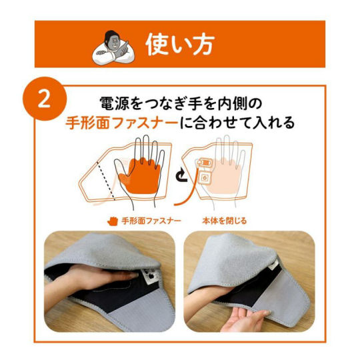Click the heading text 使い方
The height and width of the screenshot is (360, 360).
pos(180,45)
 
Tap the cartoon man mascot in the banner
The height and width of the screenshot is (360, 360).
pos(113,48)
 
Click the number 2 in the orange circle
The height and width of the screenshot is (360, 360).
pos(44,99)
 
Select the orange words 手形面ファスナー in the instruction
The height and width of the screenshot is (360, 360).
pos(122,123)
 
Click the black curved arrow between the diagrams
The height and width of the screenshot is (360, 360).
pos(181,175)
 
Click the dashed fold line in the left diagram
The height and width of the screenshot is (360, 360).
pos(106,180)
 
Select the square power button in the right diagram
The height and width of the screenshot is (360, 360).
pos(205,177)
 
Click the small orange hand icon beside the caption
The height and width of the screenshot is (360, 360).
pos(113,221)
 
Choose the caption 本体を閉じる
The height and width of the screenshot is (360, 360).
pos(224,221)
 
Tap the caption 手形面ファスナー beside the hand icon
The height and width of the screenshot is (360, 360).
pos(151,221)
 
